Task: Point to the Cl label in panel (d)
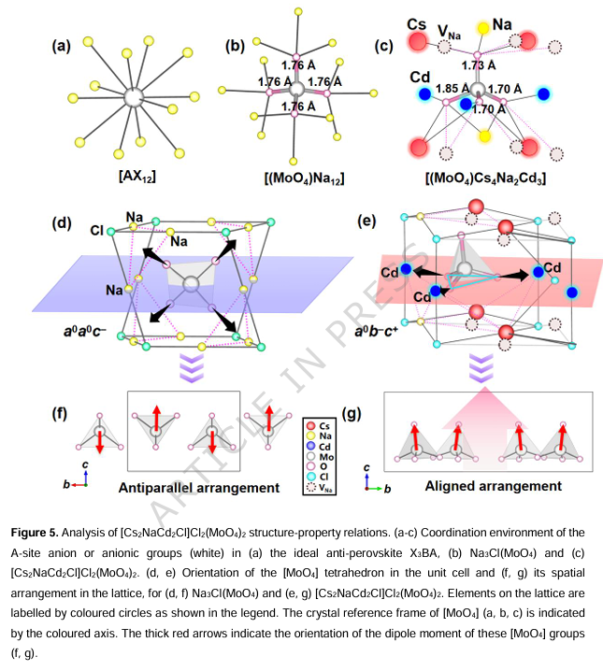tap(96, 229)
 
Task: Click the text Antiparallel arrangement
tap(199, 487)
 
